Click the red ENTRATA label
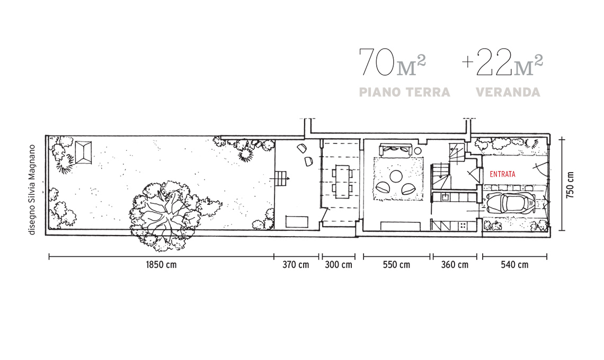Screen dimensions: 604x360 [x=502, y=174]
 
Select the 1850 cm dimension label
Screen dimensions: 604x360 [x=161, y=265]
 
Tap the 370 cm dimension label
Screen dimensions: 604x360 [x=296, y=265]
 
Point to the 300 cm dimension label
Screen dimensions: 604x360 [x=339, y=265]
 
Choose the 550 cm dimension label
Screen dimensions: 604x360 [x=396, y=265]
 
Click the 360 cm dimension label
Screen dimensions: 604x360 [x=455, y=265]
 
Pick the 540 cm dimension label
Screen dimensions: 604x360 [x=514, y=265]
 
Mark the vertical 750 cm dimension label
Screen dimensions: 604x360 [x=570, y=185]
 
